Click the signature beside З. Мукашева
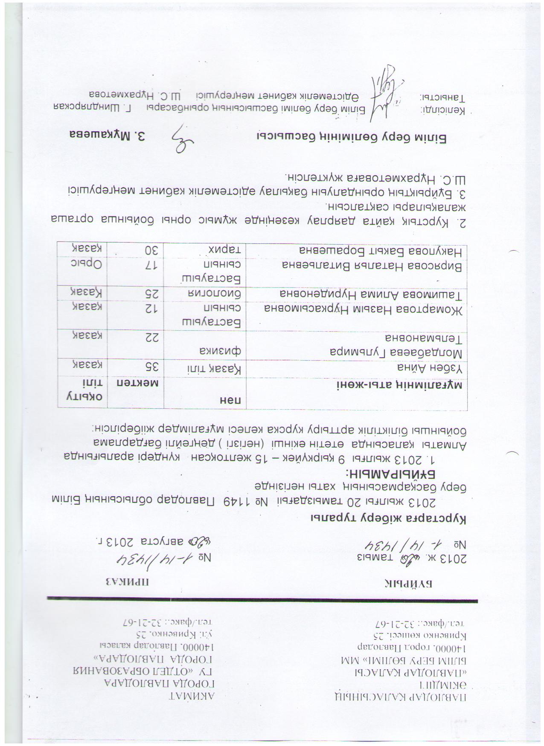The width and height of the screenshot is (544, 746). click(x=181, y=138)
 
